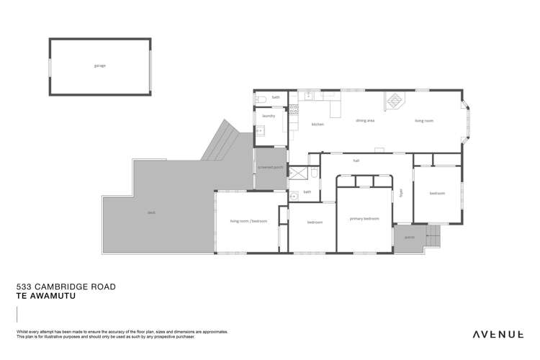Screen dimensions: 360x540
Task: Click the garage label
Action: click(99, 66)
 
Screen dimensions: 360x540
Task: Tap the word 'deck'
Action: click(151, 212)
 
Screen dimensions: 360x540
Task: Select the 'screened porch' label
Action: click(269, 167)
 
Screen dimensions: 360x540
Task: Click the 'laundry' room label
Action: click(269, 115)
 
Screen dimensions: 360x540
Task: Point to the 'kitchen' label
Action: click(318, 125)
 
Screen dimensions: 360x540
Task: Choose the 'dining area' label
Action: click(365, 120)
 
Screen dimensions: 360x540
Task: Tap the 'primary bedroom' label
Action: click(364, 218)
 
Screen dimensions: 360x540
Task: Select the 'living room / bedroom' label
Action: click(248, 221)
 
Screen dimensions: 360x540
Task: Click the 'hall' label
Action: click(356, 161)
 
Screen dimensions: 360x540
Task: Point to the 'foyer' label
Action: click(401, 192)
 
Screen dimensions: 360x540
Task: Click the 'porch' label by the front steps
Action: click(409, 236)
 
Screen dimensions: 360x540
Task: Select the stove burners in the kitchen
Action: click(293, 110)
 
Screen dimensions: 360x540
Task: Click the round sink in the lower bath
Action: click(293, 196)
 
